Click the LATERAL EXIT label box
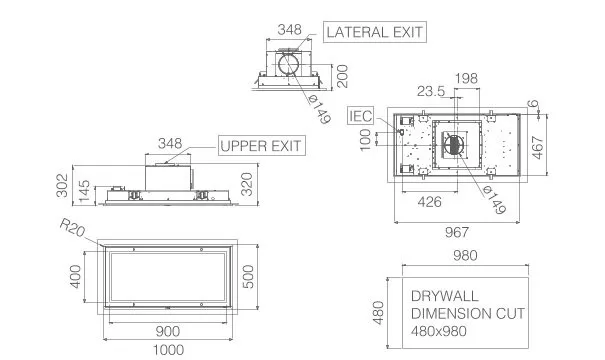coord(375,32)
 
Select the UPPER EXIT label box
coord(262,145)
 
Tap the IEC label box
coord(361,116)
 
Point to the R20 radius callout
coord(72,228)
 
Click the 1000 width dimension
coord(168,350)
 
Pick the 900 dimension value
coord(168,331)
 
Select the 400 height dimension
coord(76,276)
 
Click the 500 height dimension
coord(249,276)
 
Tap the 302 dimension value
coord(62,185)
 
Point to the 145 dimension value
coord(84,191)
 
